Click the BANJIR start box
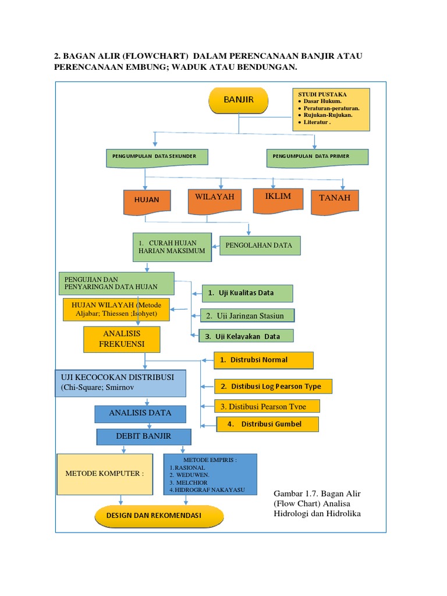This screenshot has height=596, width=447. [238, 100]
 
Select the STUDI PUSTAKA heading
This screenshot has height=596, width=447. [322, 94]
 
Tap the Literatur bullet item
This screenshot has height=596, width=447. [317, 122]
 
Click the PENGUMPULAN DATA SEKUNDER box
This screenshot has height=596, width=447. [157, 158]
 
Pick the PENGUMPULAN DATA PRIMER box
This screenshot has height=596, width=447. [317, 158]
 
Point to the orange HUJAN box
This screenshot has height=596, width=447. [147, 202]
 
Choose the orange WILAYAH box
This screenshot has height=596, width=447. [215, 201]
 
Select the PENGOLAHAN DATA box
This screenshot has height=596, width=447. [260, 246]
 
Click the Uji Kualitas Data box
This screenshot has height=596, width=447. [247, 293]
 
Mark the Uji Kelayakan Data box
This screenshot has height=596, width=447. [246, 336]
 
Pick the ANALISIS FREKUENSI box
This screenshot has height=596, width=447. [122, 339]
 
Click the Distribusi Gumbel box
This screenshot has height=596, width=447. [268, 424]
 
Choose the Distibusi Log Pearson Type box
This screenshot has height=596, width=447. [273, 386]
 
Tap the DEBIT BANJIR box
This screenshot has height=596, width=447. [144, 437]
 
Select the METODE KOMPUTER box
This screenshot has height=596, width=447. [105, 474]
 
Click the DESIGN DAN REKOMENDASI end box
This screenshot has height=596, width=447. [159, 516]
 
